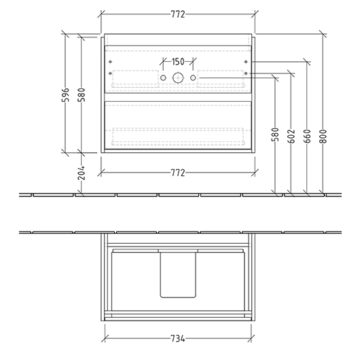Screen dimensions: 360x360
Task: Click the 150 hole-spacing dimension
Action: (x=178, y=62)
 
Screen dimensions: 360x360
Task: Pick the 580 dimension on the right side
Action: (x=275, y=134)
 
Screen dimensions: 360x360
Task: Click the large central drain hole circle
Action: (x=178, y=79)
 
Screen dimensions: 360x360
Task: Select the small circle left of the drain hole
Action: (x=163, y=79)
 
